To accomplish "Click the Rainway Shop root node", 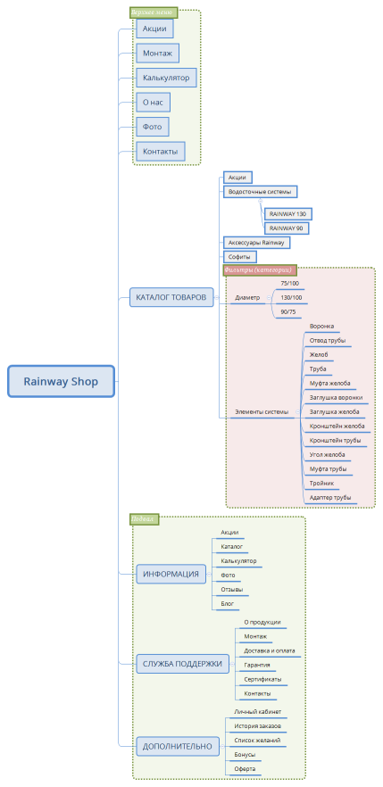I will click(61, 381).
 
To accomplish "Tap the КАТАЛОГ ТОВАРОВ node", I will click(171, 297).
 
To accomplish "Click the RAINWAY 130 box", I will click(287, 214).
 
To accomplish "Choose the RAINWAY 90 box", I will click(286, 228).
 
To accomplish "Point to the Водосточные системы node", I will click(259, 192).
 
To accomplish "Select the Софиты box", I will click(237, 257).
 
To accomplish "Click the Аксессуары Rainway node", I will click(255, 243).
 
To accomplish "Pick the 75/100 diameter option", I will click(289, 283).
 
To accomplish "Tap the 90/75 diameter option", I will click(289, 311).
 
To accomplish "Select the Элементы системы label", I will click(262, 412).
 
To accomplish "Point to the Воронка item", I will click(321, 327).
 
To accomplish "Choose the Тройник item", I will click(321, 483).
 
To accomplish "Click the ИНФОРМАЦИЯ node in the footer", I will click(171, 574).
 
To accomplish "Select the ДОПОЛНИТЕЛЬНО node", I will click(178, 746).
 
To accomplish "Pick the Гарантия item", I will click(257, 665).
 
